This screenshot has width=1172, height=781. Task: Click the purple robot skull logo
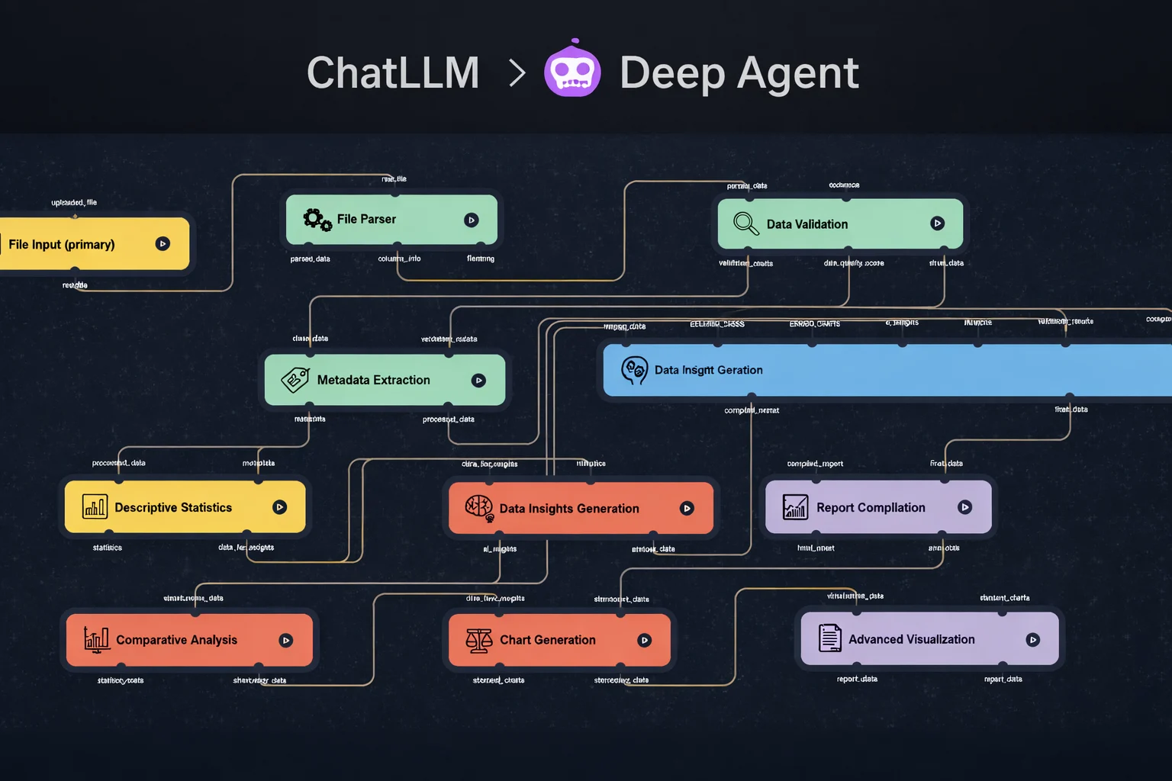572,70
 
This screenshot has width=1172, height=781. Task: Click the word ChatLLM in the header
393,73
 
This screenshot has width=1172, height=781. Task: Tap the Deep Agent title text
739,73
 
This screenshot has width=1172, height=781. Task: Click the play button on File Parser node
472,220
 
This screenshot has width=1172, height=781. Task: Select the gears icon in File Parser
317,220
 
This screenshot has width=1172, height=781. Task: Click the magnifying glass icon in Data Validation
745,223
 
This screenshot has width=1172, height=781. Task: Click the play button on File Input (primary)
163,244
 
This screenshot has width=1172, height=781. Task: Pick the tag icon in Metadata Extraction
295,380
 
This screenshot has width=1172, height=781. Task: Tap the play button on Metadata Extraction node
478,381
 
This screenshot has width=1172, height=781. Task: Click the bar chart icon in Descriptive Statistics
95,507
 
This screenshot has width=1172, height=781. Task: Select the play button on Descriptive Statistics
280,507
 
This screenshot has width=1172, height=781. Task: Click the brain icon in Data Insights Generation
479,508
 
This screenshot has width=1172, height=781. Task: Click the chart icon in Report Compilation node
795,507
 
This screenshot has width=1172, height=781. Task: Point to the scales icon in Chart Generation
479,640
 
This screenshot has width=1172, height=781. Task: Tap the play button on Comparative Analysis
286,641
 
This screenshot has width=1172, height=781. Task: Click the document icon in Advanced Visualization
829,638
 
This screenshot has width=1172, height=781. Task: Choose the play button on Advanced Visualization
1033,640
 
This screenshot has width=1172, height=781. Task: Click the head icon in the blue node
634,371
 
